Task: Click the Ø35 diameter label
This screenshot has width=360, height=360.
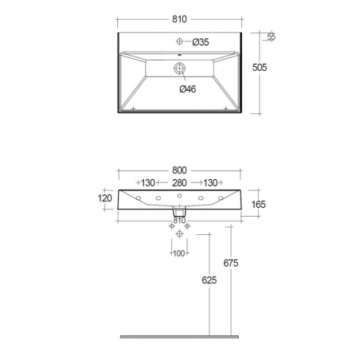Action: pos(201,42)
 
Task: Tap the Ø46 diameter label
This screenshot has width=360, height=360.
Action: pos(188,89)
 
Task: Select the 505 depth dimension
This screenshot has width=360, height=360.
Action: pos(260,68)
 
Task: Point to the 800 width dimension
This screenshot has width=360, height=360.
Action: pos(179,170)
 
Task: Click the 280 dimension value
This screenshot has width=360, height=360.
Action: pos(179,183)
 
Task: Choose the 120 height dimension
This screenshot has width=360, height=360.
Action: pos(105,198)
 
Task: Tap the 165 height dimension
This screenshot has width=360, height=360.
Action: pos(258,205)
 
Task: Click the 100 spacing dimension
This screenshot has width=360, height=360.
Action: pos(178,253)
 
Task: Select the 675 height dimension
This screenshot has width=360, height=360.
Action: pos(231,263)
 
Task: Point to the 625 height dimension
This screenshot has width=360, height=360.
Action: pos(209,280)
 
